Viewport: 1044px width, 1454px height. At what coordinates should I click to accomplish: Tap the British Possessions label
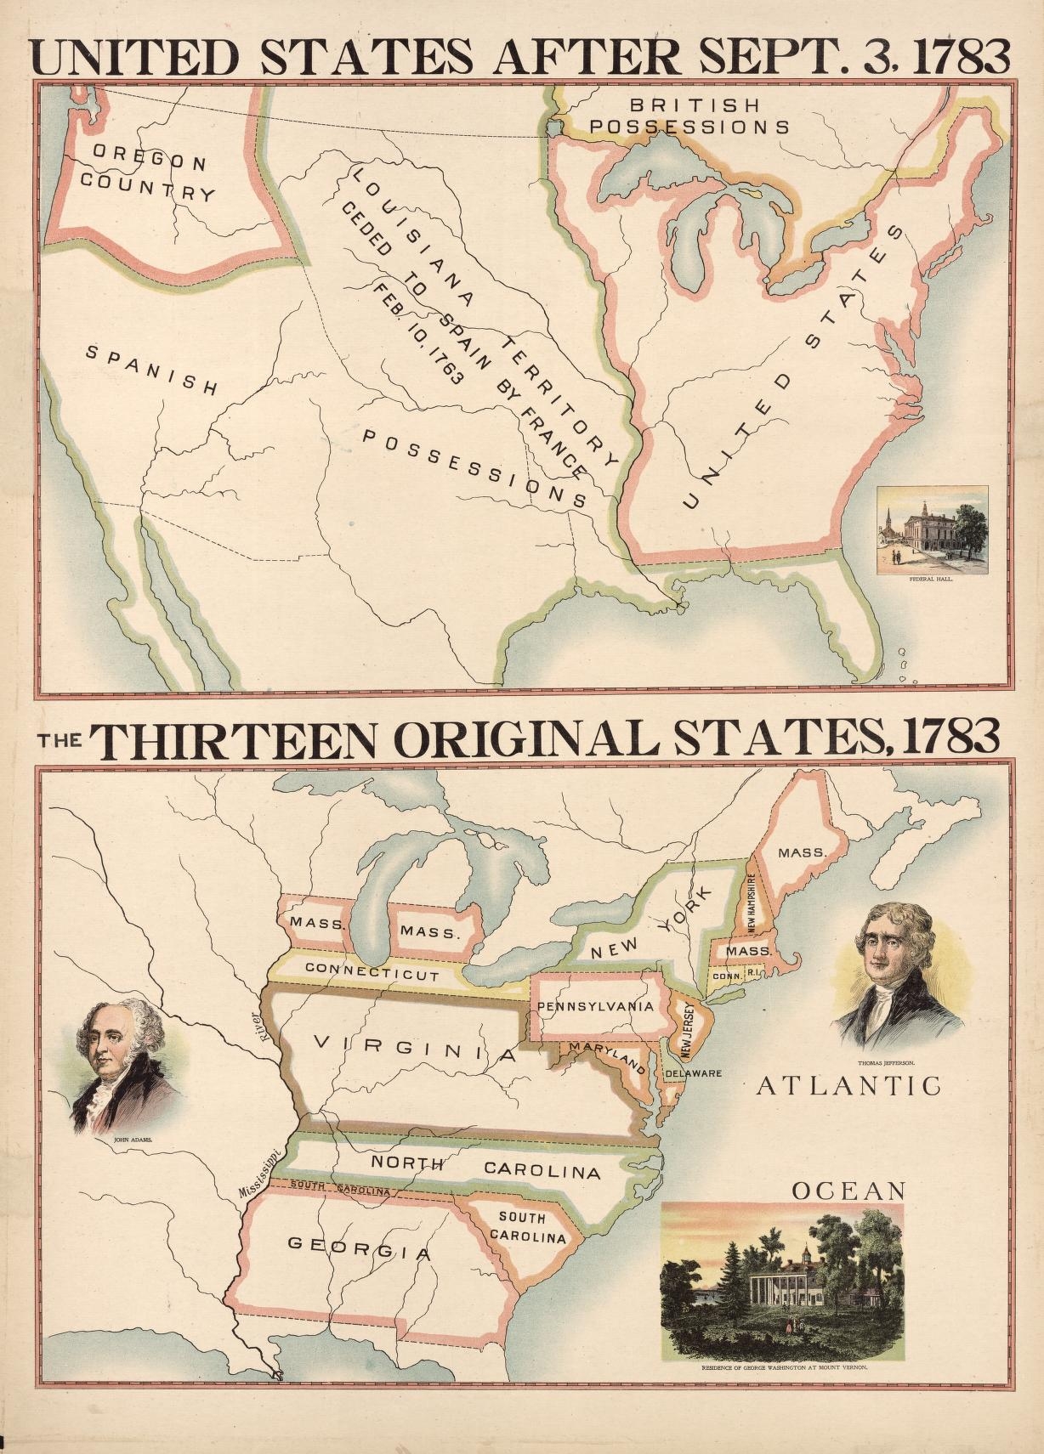click(x=689, y=116)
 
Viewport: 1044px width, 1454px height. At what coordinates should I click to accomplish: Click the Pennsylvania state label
click(x=595, y=1006)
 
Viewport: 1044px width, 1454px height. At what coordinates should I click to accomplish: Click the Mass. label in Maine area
click(x=802, y=852)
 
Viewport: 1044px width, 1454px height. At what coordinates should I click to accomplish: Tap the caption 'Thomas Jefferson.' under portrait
click(x=885, y=1062)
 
